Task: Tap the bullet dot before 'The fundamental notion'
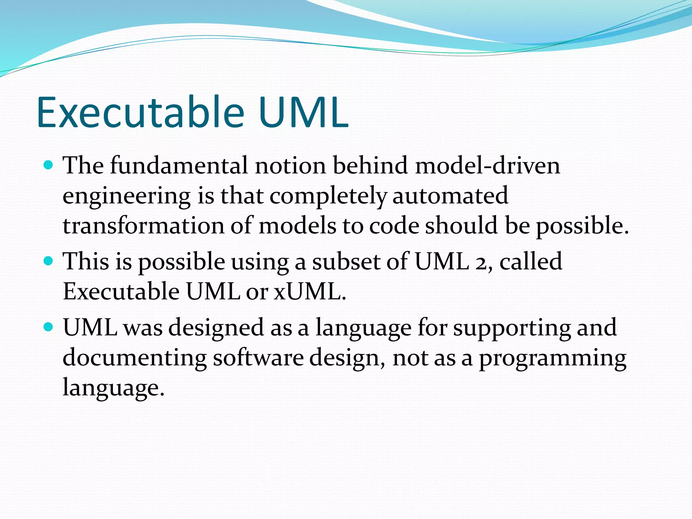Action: (49, 165)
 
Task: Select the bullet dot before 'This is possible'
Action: (49, 261)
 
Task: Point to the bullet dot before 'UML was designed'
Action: (49, 327)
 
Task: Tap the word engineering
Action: (127, 196)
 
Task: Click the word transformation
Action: (143, 225)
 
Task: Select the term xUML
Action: (310, 291)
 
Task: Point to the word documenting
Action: (134, 358)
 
